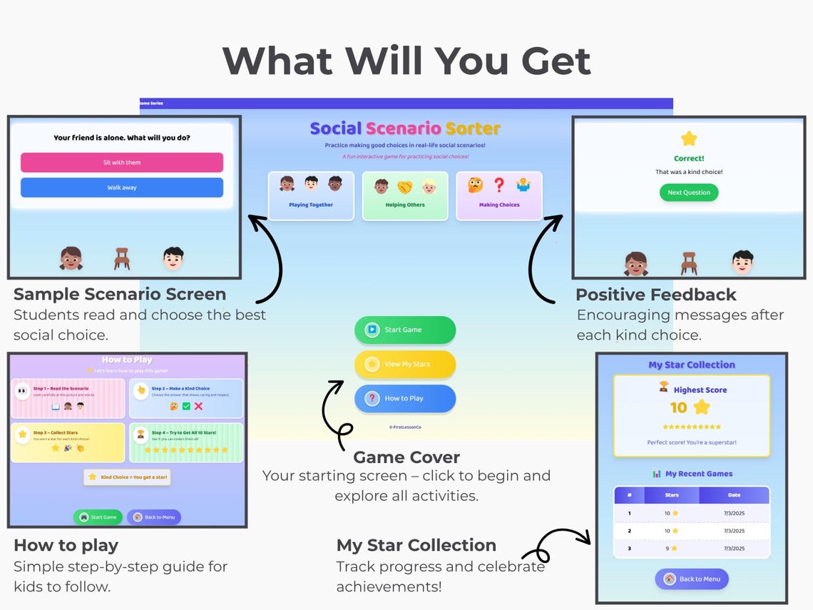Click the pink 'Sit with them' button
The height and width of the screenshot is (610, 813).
122,163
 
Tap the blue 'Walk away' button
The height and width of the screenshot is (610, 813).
122,188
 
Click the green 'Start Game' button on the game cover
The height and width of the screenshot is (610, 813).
404,330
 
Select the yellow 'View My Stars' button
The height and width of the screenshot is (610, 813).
404,364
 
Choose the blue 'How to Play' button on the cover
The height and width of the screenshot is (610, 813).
404,398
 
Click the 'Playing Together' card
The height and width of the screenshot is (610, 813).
311,195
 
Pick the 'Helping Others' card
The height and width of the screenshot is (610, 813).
404,195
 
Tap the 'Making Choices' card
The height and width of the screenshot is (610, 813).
498,195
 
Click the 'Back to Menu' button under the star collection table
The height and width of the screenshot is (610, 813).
691,579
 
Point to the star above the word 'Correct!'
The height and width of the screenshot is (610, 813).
688,138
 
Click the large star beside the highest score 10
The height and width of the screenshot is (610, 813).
702,407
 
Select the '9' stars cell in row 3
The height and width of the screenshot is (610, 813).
671,548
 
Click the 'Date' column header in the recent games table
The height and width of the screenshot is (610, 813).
734,495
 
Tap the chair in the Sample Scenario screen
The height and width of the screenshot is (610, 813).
122,258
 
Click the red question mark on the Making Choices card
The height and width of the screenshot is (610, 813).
499,185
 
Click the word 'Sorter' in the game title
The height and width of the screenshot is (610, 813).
473,129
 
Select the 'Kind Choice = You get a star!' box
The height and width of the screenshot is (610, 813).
127,477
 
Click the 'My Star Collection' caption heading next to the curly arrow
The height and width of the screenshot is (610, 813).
416,545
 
